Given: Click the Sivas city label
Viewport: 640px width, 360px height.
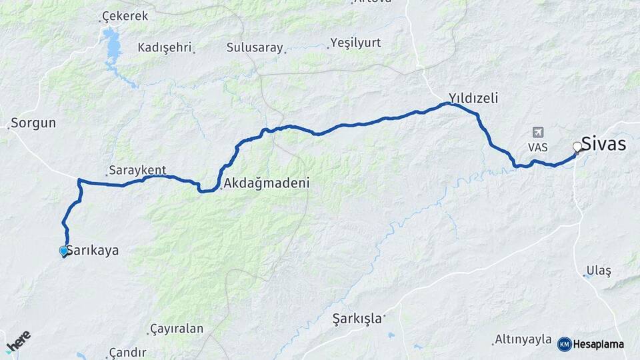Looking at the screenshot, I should tap(603, 143).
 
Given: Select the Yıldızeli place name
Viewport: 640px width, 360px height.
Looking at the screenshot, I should tap(473, 98).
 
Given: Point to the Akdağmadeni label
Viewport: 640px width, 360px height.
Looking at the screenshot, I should tap(267, 183).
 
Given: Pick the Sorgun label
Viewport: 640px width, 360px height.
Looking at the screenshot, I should tap(33, 123).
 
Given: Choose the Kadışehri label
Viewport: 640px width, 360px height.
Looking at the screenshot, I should tap(164, 47).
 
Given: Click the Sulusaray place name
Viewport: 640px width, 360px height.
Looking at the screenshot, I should tap(255, 47).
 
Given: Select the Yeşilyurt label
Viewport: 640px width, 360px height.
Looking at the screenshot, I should tap(356, 43).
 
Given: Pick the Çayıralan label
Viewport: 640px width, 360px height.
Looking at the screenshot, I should tap(177, 329).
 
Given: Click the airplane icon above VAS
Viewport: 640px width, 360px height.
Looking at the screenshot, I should tap(538, 133).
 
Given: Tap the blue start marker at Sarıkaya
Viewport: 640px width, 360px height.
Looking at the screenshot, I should tap(64, 251).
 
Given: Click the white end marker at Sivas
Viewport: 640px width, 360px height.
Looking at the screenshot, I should tap(577, 146).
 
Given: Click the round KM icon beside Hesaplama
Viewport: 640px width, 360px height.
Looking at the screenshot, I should tap(565, 344).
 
